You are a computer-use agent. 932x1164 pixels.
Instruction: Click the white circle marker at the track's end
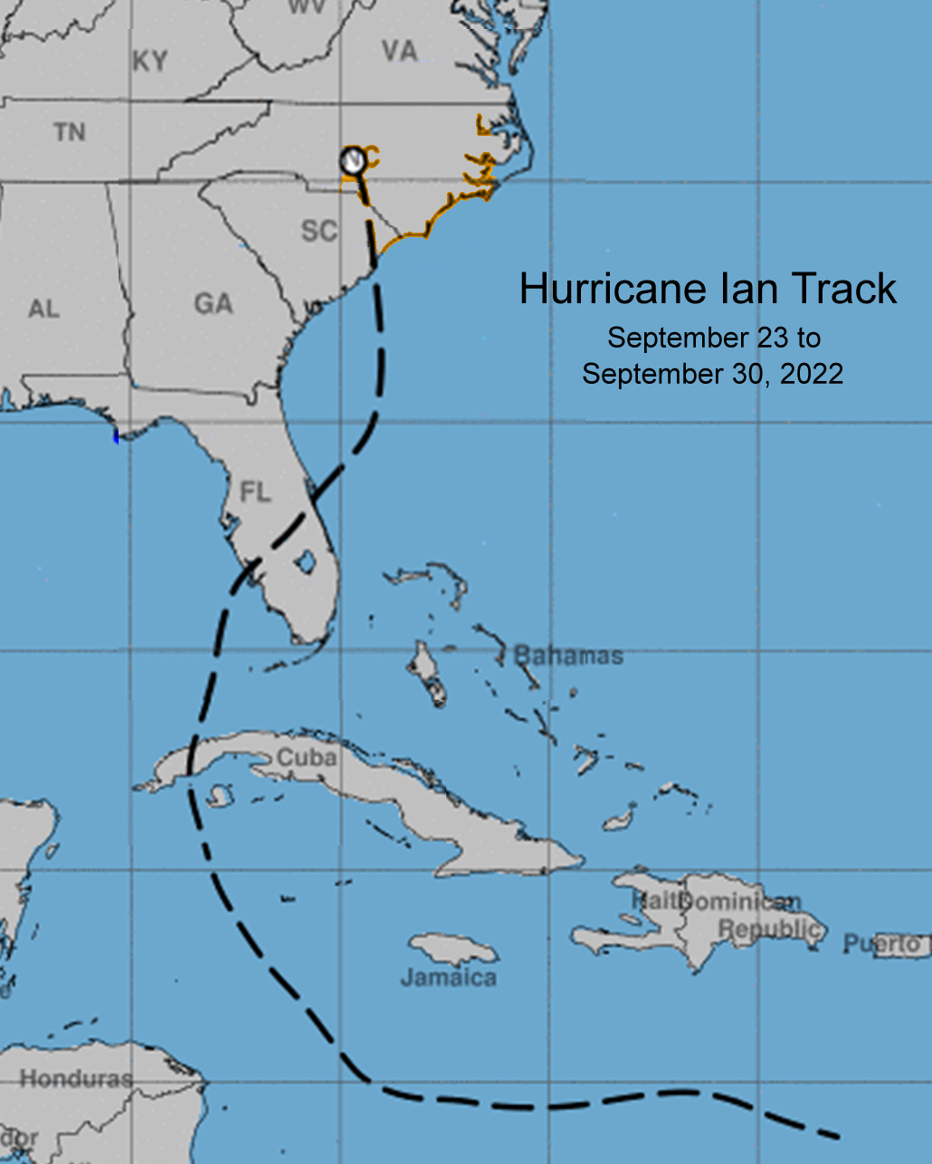pos(353,161)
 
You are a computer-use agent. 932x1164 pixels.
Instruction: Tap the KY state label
pos(150,61)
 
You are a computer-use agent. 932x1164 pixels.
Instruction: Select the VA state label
pos(399,51)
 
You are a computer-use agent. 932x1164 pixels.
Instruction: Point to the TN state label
pos(70,132)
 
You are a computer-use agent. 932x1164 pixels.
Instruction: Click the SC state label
pos(319,231)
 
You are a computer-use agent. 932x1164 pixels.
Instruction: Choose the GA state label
pos(214,303)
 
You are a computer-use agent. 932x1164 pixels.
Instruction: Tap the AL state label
pos(43,309)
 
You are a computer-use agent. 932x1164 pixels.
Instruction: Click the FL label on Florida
pos(255,491)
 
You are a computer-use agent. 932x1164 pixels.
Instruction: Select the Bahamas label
pos(569,655)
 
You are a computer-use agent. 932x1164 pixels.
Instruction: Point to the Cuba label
pos(307,757)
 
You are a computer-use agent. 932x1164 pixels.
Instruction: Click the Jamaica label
pos(449,978)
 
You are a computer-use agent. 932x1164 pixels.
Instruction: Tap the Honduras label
pos(76,1079)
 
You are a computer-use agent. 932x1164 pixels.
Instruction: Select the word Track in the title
pos(843,289)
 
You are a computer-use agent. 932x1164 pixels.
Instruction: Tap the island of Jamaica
pos(452,949)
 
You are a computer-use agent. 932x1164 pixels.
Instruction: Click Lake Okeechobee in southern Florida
pos(305,562)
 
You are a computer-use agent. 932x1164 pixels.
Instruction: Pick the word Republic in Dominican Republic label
pos(770,929)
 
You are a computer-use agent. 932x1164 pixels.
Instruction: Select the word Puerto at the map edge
pos(881,945)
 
